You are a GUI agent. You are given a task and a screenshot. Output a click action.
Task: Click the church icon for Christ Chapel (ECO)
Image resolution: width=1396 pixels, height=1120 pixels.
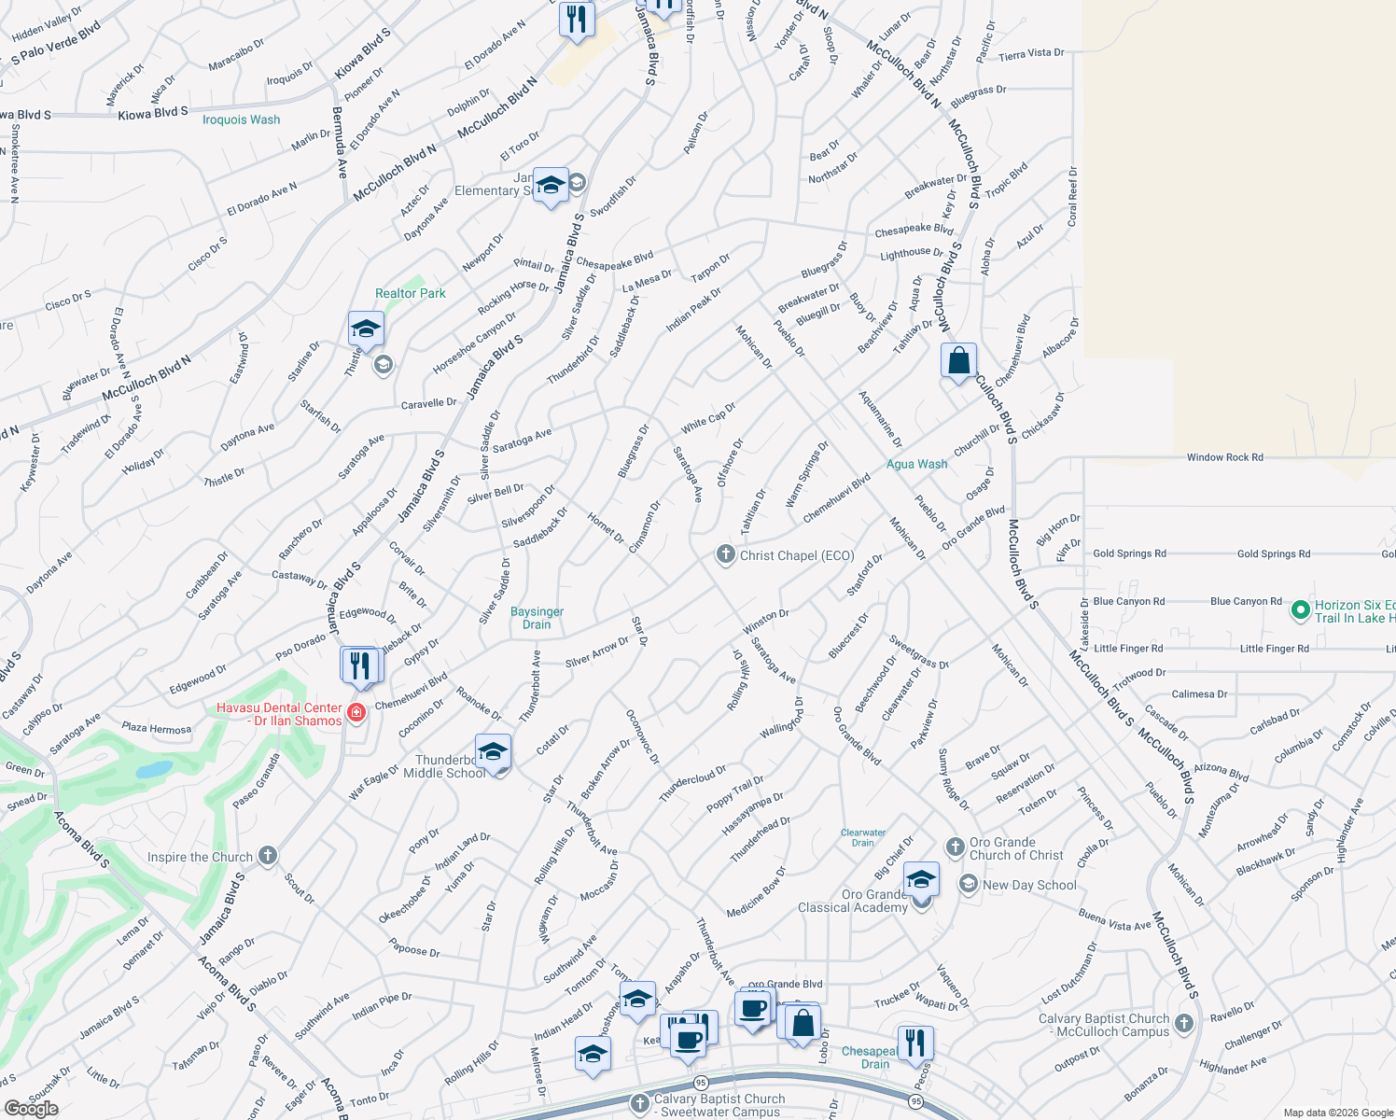click(725, 554)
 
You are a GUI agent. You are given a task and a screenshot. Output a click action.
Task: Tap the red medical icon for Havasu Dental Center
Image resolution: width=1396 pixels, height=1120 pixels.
click(356, 714)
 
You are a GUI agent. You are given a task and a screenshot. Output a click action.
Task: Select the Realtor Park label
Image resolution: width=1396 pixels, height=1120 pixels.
click(410, 293)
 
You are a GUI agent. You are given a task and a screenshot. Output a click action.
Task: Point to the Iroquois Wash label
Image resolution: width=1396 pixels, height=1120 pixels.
click(241, 119)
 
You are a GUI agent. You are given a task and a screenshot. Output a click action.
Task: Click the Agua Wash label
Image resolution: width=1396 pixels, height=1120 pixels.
click(916, 464)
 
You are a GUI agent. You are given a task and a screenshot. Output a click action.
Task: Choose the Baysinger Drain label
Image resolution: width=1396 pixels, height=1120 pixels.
click(537, 618)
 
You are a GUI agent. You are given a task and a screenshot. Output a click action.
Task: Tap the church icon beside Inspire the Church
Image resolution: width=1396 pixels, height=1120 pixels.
click(267, 856)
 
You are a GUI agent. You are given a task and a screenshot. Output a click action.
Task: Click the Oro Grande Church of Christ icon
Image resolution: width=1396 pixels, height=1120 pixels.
click(955, 847)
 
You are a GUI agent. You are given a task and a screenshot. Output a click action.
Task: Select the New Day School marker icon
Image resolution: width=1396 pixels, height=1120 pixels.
click(969, 884)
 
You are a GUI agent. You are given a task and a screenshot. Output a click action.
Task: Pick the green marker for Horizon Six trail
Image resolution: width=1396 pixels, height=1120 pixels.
click(1300, 610)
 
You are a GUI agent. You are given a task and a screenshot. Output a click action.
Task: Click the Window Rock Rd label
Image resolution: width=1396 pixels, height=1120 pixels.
click(1224, 457)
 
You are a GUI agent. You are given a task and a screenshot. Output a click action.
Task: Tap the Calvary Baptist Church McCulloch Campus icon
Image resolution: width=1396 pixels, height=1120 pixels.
click(1184, 1023)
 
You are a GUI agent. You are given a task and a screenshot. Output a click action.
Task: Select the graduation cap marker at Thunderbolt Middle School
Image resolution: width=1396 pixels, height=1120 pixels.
click(493, 751)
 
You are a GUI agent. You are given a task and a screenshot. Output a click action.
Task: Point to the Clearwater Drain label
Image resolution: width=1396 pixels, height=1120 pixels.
click(863, 837)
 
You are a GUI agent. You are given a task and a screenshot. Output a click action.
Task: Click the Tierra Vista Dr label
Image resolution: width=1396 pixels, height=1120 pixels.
click(1031, 54)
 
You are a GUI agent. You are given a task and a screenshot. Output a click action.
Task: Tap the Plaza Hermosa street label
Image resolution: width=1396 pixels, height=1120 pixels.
click(156, 728)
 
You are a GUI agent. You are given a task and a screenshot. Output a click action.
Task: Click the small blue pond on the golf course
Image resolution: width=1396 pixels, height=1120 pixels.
click(154, 770)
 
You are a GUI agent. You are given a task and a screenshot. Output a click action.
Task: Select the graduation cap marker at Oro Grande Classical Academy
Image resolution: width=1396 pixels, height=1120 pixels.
click(920, 879)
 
